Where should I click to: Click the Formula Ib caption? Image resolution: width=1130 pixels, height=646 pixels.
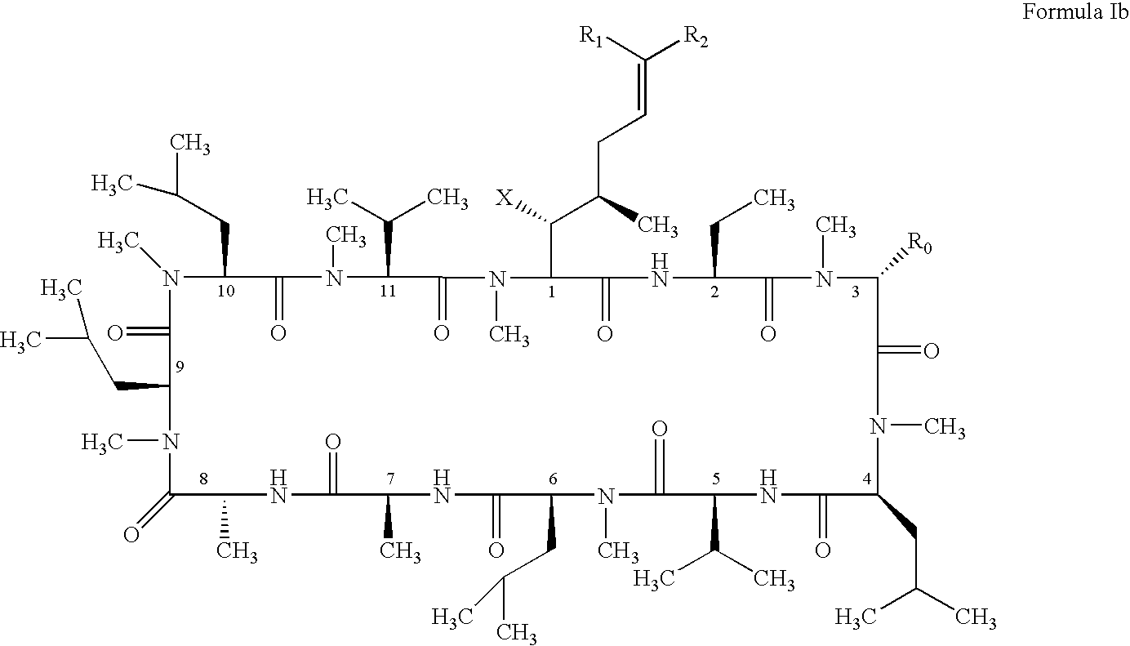tap(1074, 11)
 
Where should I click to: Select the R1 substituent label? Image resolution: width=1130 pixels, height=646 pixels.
tap(591, 36)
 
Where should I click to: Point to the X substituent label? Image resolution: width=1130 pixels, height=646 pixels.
tap(504, 198)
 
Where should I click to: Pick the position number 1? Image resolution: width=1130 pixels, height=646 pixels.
tap(551, 292)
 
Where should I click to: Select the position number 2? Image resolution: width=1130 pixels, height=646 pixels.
tap(714, 292)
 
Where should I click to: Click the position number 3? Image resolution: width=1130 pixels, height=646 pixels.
tap(855, 292)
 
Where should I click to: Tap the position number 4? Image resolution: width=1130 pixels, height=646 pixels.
tap(867, 479)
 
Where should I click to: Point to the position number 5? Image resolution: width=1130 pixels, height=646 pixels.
tap(715, 479)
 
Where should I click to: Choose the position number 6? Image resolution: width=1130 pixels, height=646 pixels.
tap(553, 479)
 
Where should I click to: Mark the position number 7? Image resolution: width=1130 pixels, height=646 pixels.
tap(390, 479)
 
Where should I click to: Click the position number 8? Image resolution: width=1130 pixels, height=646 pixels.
tap(203, 479)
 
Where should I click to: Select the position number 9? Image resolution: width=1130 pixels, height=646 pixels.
tap(179, 367)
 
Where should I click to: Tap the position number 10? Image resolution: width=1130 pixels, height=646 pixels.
tap(226, 292)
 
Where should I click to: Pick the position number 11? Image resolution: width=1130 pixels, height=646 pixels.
tap(388, 292)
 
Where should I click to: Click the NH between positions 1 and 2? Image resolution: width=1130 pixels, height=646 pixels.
tap(660, 270)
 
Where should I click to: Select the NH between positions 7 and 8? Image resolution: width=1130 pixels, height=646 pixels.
tap(278, 487)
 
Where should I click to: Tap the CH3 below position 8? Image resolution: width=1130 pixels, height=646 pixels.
tap(237, 550)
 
